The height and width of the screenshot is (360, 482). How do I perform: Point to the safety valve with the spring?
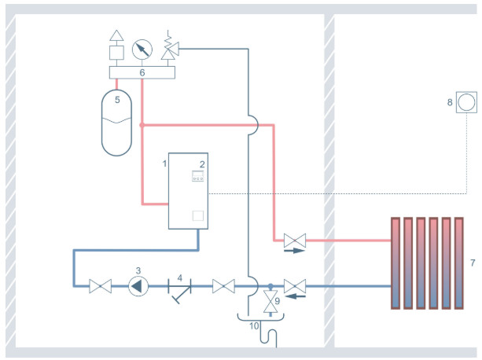coord(168,50)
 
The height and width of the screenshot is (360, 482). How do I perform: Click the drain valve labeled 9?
coord(269,302)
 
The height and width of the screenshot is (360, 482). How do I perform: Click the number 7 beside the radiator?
coord(472,262)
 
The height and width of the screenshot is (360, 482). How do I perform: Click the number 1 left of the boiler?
coord(164,163)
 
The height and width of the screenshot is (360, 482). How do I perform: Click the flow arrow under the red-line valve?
coord(293,252)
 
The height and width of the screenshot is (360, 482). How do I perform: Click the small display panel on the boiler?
coord(197,179)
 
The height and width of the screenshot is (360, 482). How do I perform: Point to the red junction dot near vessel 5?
coord(142,123)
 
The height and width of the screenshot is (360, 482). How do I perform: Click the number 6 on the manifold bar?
coord(142,72)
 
